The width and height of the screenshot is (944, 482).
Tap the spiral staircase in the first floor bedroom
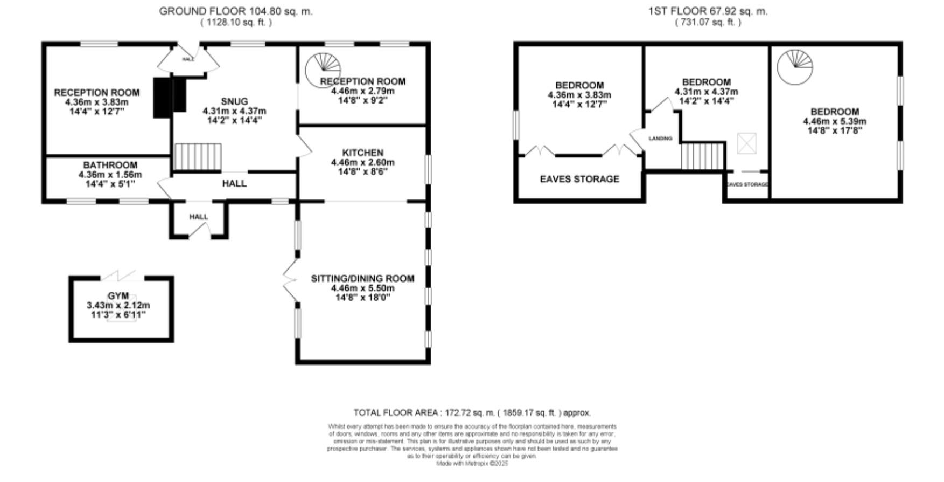(x=795, y=67)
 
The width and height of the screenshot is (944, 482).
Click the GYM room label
(x=118, y=296)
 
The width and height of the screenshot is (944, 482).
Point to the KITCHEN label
(x=362, y=153)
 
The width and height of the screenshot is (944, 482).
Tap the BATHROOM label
(x=110, y=165)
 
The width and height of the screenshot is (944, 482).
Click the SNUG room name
(x=234, y=101)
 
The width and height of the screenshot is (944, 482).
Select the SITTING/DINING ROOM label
(x=362, y=279)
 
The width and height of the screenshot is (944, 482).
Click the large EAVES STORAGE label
(x=579, y=179)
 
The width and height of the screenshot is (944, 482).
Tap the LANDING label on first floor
(x=660, y=139)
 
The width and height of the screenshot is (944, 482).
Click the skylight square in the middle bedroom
(x=746, y=143)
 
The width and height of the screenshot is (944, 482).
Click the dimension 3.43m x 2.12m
(x=118, y=305)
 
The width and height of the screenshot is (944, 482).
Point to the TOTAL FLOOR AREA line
(x=472, y=413)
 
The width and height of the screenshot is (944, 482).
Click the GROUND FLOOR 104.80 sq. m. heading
(x=235, y=11)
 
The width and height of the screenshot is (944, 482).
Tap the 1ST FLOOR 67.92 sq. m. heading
(x=708, y=11)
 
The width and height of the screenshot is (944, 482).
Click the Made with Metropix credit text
(x=472, y=463)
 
